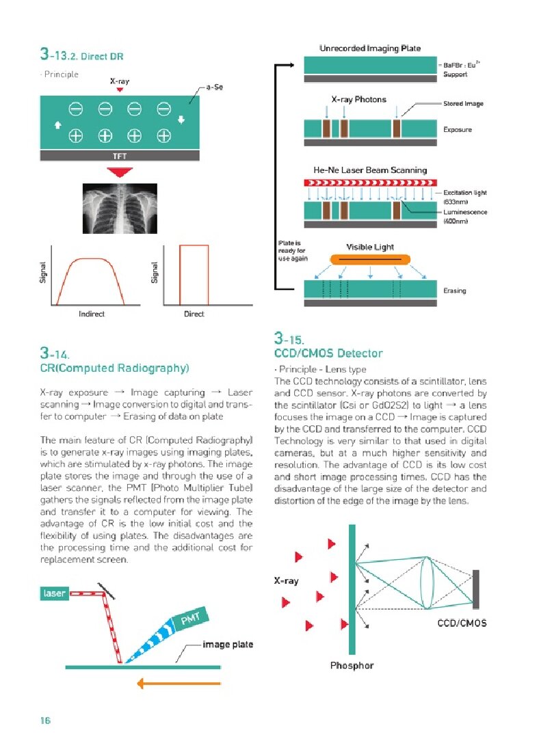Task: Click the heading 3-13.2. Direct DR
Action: coord(81,55)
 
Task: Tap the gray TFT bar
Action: coord(120,156)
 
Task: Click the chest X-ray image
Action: coord(120,209)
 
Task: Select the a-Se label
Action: coord(214,88)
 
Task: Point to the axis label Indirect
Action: coord(92,314)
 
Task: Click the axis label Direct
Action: coord(194,314)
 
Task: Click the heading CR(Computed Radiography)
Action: coord(114,368)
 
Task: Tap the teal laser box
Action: coord(55,593)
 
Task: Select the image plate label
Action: coord(228,645)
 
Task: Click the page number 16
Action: coord(46,721)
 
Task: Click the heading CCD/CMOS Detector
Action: coord(328,353)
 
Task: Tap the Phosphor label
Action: coord(352,665)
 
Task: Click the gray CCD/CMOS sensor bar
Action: coord(475,588)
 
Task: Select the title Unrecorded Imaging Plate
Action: coord(369,49)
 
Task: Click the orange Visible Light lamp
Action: coord(370,260)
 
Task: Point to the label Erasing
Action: coord(455,291)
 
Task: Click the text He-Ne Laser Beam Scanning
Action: coord(369,170)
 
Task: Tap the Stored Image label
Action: coord(464,104)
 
